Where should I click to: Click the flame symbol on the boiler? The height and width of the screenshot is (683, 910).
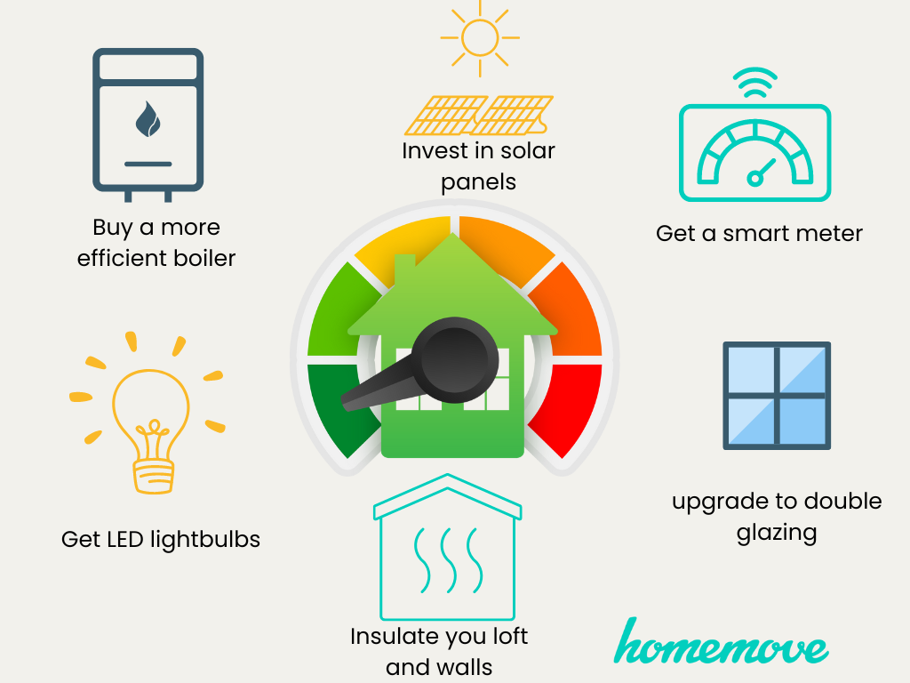coord(148,119)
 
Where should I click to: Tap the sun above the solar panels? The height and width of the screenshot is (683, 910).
coord(480,38)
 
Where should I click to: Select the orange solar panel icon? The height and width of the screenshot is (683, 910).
coord(479,115)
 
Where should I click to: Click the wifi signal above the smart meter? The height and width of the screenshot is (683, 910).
coord(755,83)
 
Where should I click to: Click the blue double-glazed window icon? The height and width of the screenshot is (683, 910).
coord(777,396)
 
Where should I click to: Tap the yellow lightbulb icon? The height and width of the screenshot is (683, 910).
coord(148,413)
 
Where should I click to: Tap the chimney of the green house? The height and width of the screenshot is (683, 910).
coord(404,270)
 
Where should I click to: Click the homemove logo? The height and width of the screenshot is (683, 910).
coord(721,642)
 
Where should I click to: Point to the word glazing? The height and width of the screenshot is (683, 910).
coord(777,534)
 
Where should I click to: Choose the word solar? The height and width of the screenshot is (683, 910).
coord(528,151)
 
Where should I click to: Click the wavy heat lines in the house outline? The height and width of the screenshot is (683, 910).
coord(448,560)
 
